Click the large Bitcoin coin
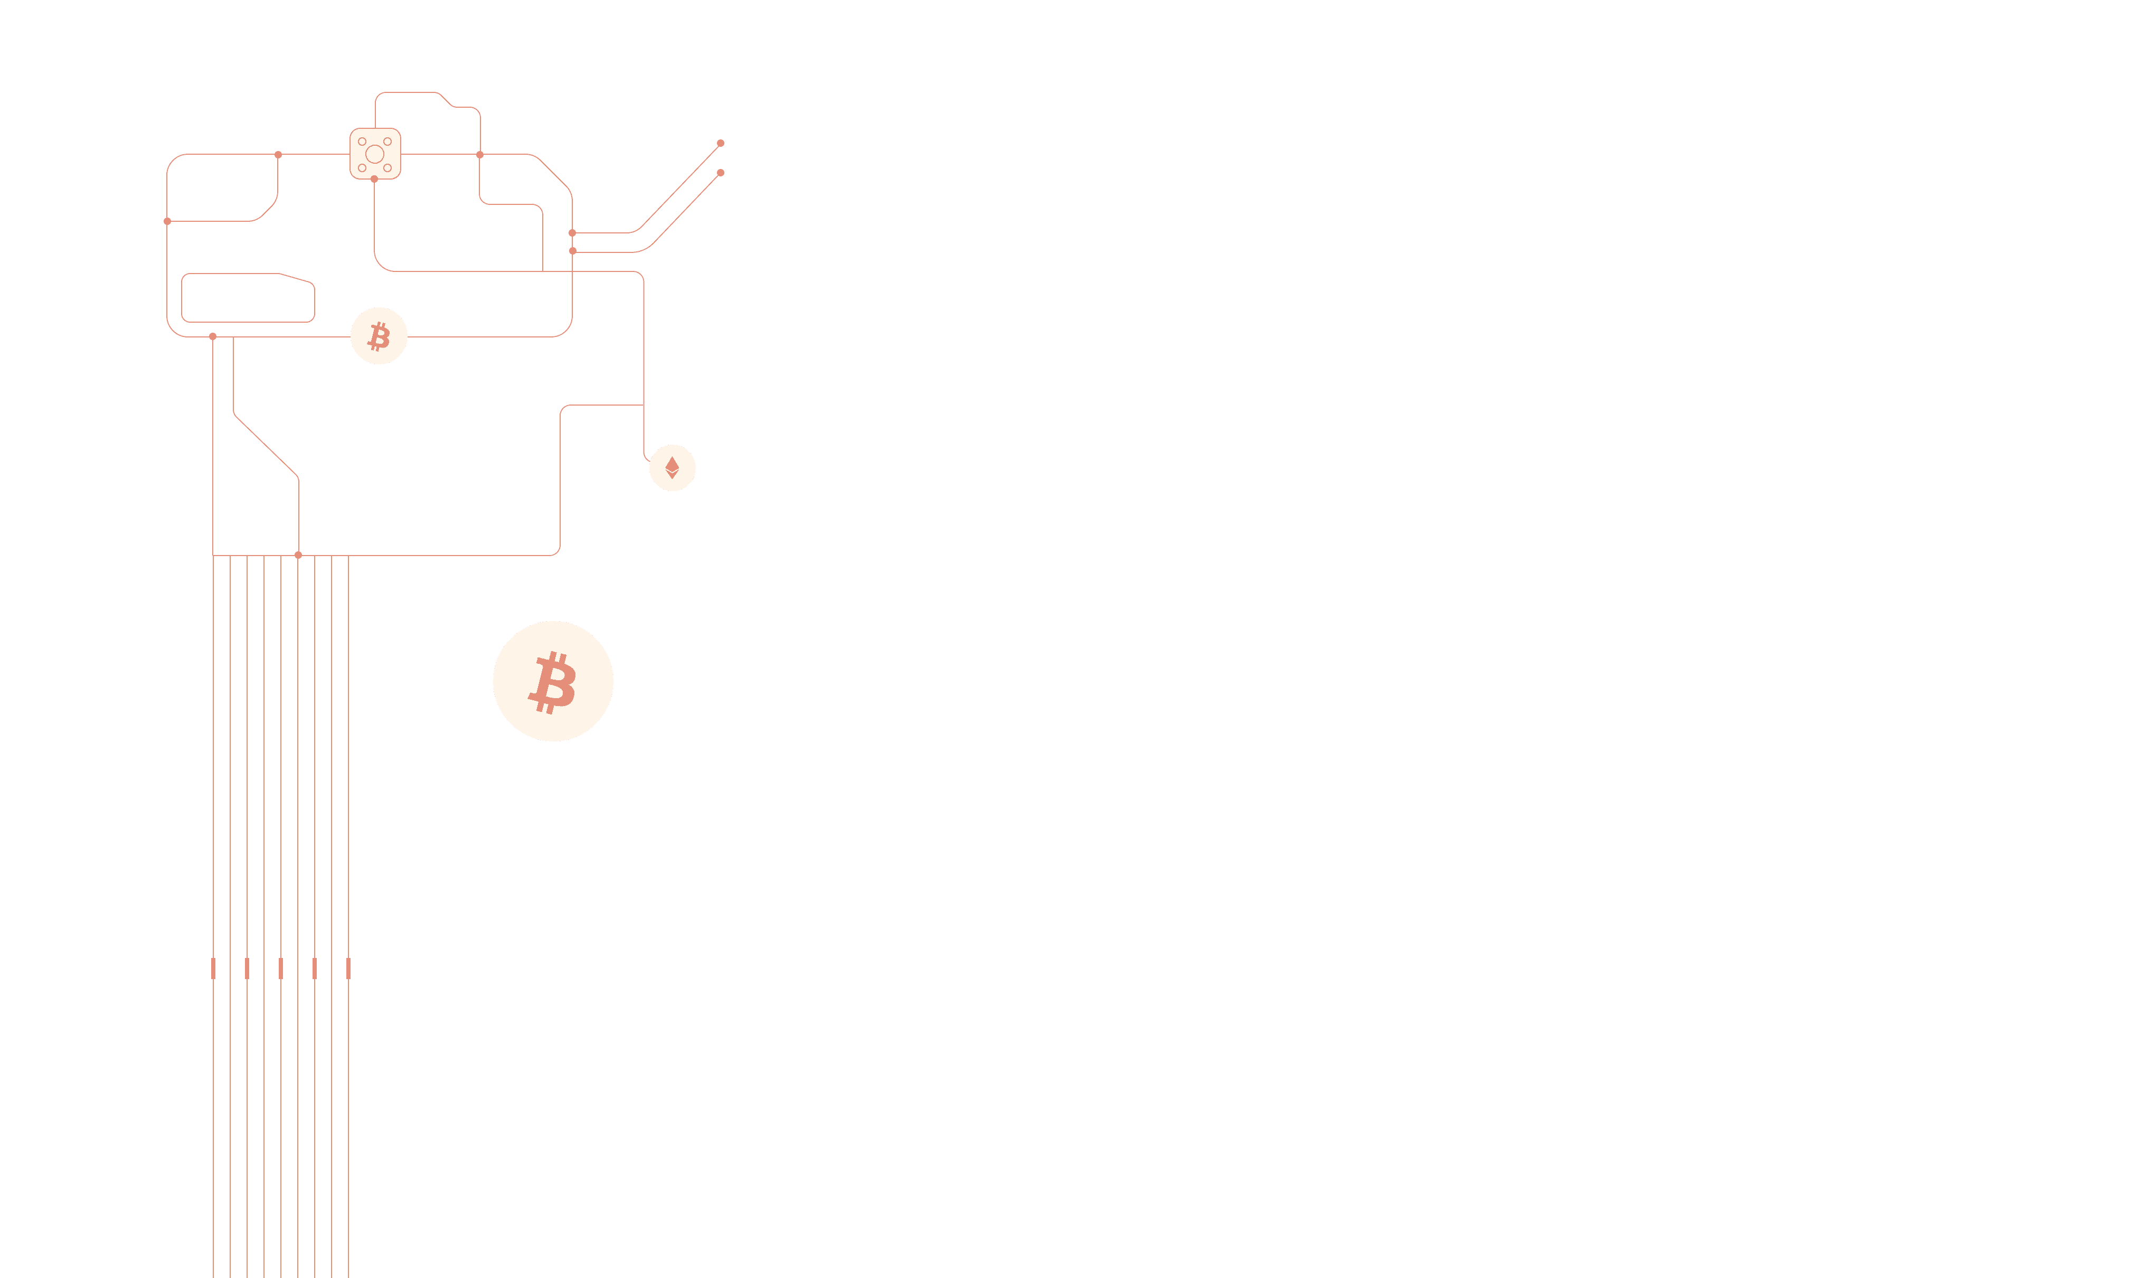coord(553,681)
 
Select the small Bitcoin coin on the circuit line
coord(379,336)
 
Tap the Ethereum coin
coord(673,467)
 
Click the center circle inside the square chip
coord(374,154)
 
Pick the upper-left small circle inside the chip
coord(362,141)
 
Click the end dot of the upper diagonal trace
coord(721,143)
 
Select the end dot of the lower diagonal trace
coord(721,172)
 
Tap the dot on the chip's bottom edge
coord(374,179)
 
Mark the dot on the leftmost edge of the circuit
coord(167,221)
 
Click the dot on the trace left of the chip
coord(278,155)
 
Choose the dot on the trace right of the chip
coord(479,155)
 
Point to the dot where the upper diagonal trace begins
coord(572,232)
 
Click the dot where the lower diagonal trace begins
coord(572,251)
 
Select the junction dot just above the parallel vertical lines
coord(298,555)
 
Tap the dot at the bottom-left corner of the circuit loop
coord(213,337)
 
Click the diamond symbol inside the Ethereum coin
coord(673,467)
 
